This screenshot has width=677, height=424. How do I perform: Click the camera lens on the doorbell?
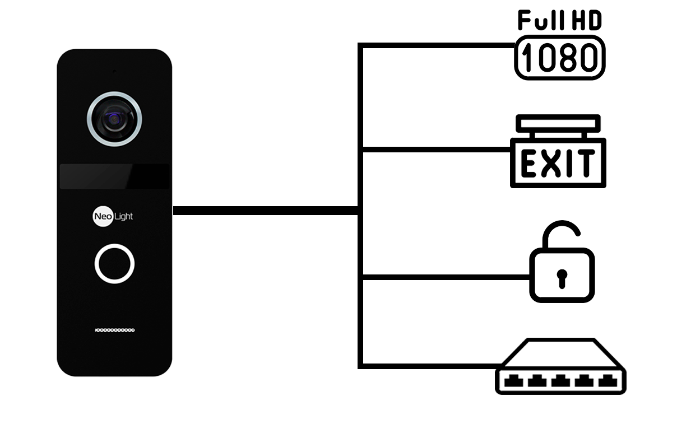[x=114, y=119]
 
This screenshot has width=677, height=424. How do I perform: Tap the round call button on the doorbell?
[x=114, y=263]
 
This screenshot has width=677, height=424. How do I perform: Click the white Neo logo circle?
[x=103, y=216]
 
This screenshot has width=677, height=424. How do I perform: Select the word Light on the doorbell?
[x=124, y=216]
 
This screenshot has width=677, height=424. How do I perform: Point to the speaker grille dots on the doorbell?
[x=115, y=330]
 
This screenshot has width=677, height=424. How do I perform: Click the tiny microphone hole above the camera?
[x=114, y=72]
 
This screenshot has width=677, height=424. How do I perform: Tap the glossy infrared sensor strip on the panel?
[x=114, y=176]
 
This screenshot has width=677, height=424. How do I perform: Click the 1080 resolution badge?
[x=560, y=58]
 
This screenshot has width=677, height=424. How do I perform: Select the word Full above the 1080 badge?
[x=541, y=20]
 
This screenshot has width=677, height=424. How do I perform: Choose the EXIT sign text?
[x=558, y=164]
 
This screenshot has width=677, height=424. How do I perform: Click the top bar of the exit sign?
[x=558, y=123]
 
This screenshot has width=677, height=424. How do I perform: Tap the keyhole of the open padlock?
[x=562, y=279]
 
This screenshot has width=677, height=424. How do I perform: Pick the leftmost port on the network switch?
[x=514, y=381]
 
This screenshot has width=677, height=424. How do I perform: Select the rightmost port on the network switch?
[x=608, y=381]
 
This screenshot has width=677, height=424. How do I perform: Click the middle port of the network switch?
[x=560, y=381]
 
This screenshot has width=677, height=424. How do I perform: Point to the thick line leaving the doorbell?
[x=266, y=211]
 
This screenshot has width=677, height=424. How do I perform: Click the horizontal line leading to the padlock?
[x=446, y=277]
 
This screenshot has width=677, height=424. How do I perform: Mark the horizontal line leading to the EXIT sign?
[x=437, y=150]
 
